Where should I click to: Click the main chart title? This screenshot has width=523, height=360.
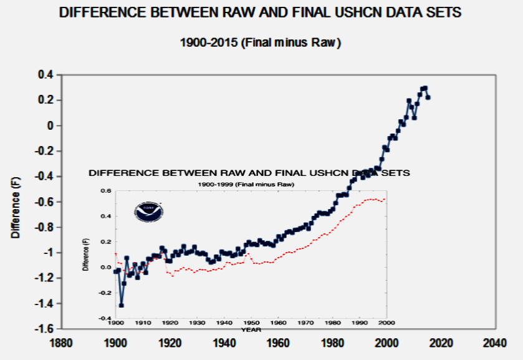pos(261,12)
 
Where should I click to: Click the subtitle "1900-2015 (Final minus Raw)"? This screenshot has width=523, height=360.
pos(261,43)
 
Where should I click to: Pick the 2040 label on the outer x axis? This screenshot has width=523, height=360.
pos(495,342)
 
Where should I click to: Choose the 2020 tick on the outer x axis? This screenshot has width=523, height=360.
pos(440,342)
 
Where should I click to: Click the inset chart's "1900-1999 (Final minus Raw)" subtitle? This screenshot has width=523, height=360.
pos(246,185)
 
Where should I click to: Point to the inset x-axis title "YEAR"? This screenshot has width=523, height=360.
pos(251,329)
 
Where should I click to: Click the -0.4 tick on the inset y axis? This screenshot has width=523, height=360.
pos(106,318)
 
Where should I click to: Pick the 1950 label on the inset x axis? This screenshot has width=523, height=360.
pos(251,323)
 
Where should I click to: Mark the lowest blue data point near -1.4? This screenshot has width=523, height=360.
pos(122,304)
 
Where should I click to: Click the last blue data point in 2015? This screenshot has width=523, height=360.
pos(428,97)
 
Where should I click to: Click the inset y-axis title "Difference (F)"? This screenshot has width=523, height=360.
pos(85,255)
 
